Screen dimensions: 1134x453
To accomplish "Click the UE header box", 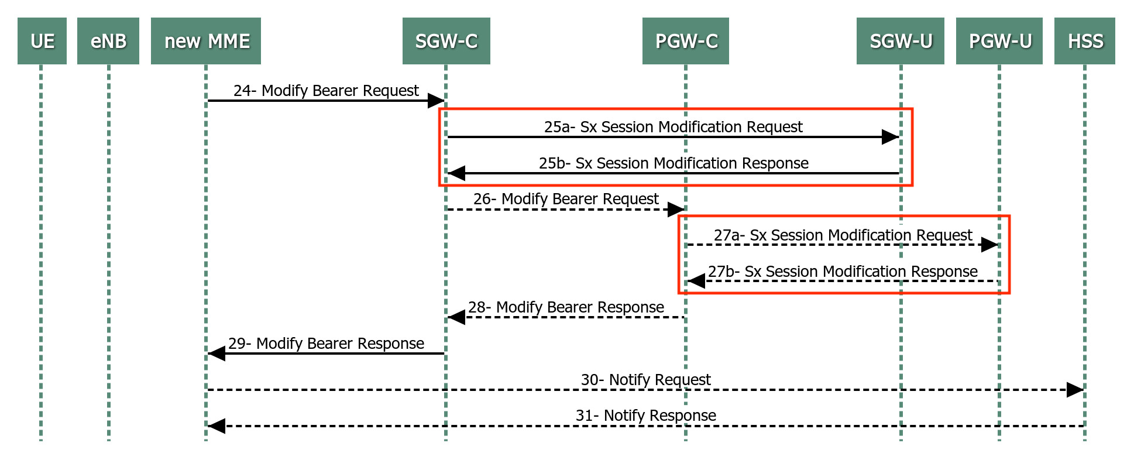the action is pos(42,41).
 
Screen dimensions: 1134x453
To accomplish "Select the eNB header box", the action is pos(108,41).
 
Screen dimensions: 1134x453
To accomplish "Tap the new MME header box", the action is pos(206,41).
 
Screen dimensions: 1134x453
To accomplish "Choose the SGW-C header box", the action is pos(446,41).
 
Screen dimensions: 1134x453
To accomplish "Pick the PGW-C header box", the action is pos(686,41).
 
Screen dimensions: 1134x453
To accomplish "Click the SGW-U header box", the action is pos(901,41).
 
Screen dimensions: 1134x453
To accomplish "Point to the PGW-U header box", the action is pos(999,41).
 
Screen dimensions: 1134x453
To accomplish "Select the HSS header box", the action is pos(1085,41).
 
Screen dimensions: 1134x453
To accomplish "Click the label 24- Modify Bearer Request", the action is pos(326,91).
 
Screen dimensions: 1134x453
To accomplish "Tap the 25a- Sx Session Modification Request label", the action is pos(673,127).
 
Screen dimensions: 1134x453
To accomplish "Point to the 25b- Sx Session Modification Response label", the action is pos(673,163).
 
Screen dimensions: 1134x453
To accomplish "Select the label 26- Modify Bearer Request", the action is pos(566,199).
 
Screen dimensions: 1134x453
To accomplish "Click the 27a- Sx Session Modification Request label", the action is pos(843,235).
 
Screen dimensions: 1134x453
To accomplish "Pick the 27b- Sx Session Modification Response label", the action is pos(843,272).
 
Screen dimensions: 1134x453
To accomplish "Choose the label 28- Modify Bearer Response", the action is pos(566,307).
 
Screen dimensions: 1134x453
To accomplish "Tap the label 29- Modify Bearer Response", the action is pos(326,344).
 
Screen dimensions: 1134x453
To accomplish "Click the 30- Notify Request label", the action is pos(645,380).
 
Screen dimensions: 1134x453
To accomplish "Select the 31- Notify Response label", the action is pos(645,416).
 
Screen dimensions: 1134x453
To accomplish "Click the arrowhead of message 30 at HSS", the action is pos(1075,390).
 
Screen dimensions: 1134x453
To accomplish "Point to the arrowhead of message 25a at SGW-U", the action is pos(891,137).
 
